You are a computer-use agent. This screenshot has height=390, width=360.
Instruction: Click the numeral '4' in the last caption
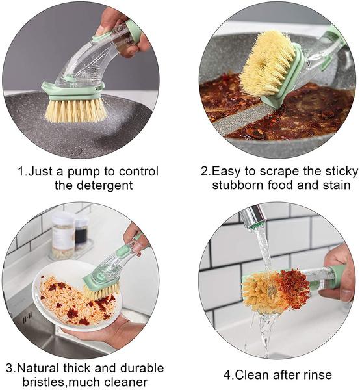[x=227, y=375]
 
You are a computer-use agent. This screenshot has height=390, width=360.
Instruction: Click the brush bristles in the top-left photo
[x=75, y=109]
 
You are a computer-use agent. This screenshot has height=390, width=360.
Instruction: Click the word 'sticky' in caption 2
[x=339, y=172]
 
